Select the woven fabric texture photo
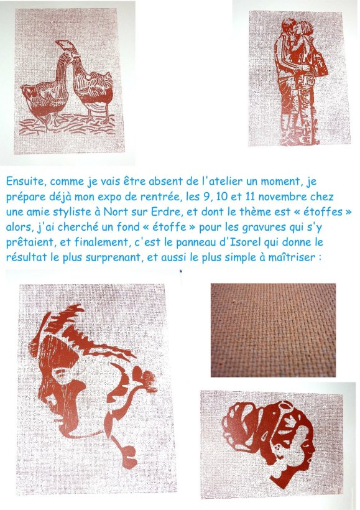click(273, 330)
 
